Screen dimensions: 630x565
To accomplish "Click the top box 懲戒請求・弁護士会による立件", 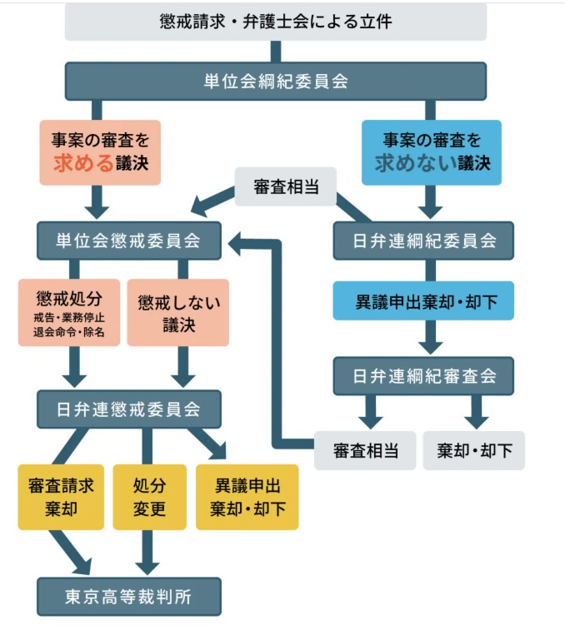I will point(275,22).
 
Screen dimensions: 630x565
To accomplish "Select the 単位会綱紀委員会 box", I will point(275,82).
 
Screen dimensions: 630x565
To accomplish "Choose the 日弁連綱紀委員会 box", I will point(423,241).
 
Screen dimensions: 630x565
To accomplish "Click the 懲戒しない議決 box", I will point(178,313).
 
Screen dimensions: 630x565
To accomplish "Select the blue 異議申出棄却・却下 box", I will point(423,301).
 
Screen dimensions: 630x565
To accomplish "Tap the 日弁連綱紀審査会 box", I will point(423,375).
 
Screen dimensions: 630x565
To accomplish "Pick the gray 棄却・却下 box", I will point(474,450).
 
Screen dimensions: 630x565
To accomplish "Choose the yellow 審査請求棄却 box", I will point(62,497).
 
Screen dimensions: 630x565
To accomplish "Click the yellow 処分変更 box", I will point(149,497).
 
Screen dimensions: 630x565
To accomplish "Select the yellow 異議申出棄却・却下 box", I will point(247,497).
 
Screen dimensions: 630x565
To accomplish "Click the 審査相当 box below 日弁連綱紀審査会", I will point(365,450).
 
